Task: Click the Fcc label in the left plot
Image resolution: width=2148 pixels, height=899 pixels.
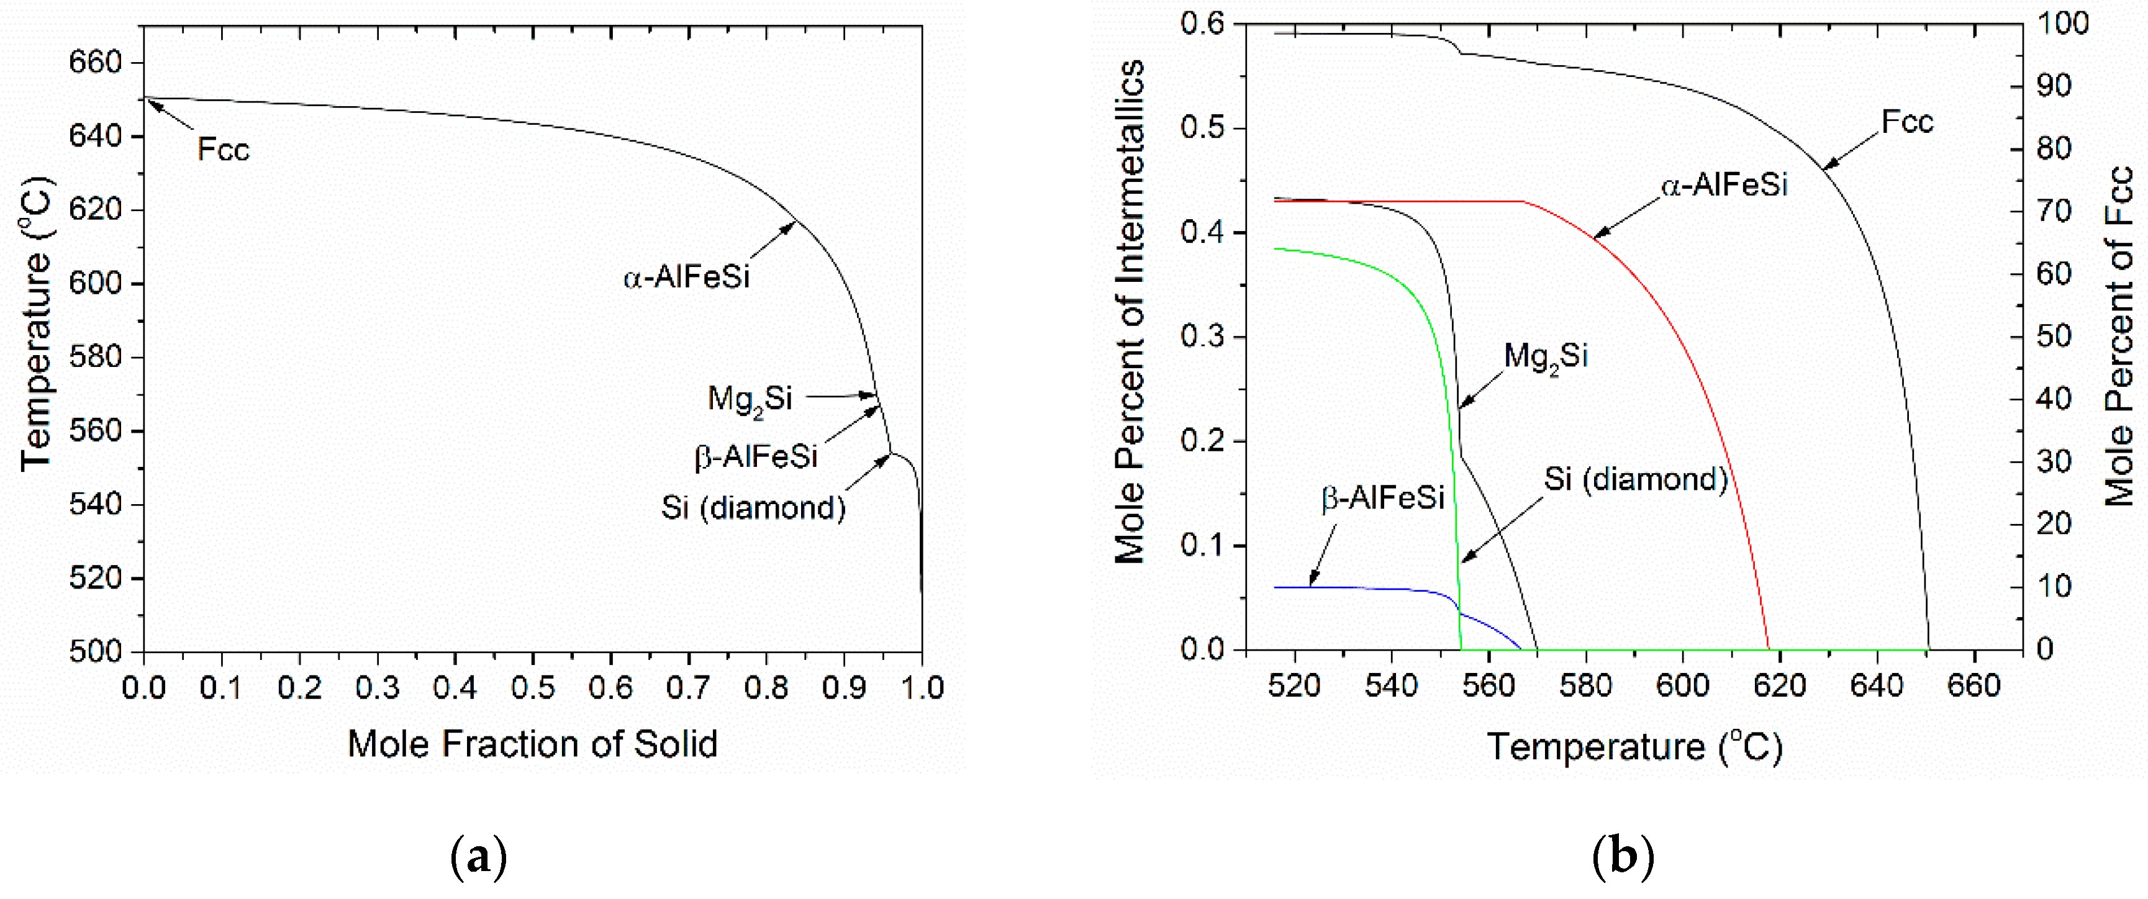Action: point(223,150)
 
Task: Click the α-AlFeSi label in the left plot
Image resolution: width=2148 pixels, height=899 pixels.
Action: point(686,277)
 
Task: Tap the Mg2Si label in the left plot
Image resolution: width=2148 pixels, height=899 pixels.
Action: point(749,399)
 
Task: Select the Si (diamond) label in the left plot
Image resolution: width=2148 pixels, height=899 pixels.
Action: point(753,508)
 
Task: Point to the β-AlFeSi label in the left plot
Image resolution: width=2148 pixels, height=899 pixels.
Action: point(756,457)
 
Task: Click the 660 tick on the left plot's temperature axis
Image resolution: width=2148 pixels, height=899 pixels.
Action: point(95,63)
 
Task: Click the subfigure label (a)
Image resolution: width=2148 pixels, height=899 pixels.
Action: point(478,856)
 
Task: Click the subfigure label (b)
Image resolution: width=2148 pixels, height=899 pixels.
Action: point(1623,856)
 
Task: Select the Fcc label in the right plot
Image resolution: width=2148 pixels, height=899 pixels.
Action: point(1907,122)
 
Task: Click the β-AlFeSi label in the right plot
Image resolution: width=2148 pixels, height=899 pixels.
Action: point(1382,498)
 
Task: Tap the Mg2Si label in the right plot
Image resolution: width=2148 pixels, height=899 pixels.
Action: point(1545,357)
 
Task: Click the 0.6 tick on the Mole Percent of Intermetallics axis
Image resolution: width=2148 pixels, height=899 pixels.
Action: point(1202,24)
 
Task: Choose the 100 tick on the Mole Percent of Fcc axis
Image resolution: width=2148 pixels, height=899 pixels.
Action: point(2063,24)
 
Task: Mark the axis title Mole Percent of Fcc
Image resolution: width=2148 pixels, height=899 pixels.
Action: point(2119,336)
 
